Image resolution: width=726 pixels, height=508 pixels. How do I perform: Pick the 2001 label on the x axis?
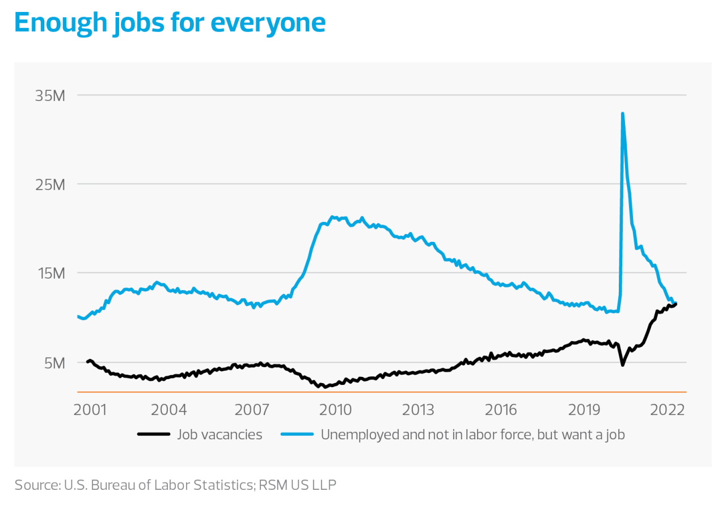tap(91, 409)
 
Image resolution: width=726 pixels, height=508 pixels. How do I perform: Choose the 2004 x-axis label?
tap(168, 409)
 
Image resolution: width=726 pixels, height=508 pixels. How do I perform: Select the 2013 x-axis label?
tap(418, 409)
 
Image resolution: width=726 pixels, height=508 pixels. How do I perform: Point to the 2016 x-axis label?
tap(501, 409)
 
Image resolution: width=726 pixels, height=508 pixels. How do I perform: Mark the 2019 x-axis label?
tap(585, 409)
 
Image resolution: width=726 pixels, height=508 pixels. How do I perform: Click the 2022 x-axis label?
tap(668, 409)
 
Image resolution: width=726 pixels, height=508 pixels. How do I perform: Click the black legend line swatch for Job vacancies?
tap(154, 435)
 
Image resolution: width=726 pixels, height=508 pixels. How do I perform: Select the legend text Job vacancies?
tap(220, 435)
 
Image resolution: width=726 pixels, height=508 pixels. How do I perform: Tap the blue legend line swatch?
tap(297, 435)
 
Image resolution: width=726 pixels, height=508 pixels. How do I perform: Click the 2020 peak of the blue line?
tap(623, 114)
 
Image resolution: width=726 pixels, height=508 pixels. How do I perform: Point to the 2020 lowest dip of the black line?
tap(623, 364)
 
